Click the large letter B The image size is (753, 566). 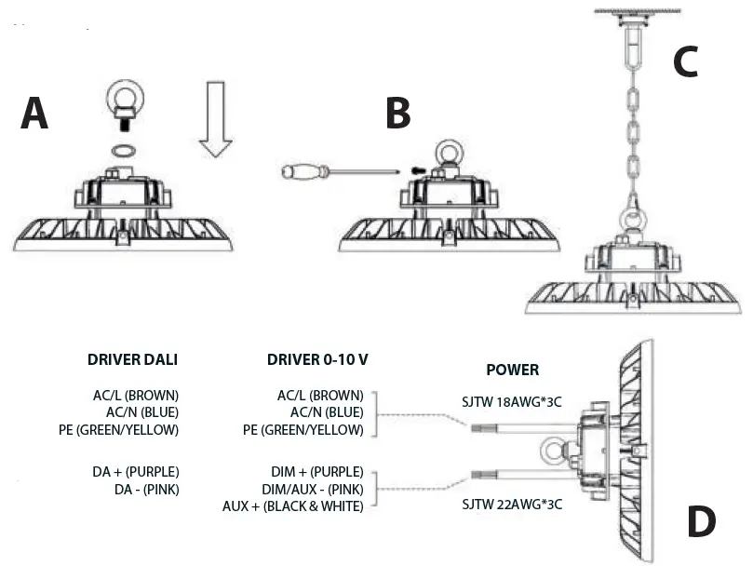pos(397,114)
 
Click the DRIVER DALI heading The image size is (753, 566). pos(132,359)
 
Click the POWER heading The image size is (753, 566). pos(512,370)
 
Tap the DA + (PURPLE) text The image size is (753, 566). pos(136,472)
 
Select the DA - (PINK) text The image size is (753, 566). pos(146,489)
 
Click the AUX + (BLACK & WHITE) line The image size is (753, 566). pos(292,506)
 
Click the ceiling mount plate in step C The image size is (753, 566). pos(633,12)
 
